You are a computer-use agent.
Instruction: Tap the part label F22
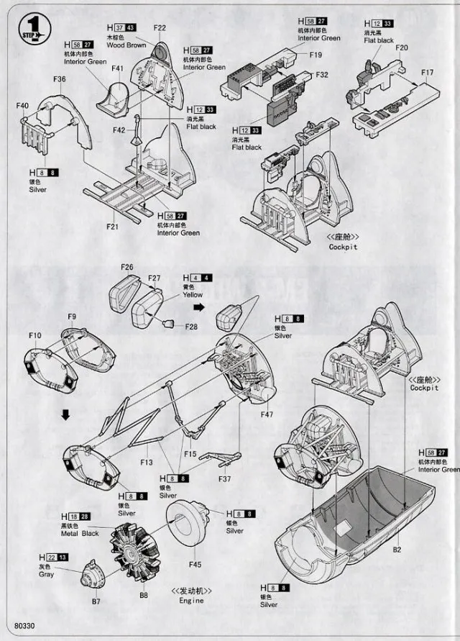point(160,28)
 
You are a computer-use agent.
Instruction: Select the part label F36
point(60,79)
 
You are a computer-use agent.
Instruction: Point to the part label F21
point(113,227)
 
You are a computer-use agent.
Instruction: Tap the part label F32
point(321,74)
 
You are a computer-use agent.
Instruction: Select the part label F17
point(428,73)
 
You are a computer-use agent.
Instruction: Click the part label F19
point(316,55)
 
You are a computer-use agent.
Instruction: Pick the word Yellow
point(193,294)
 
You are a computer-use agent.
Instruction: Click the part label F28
point(190,327)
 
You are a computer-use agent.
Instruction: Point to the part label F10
point(35,335)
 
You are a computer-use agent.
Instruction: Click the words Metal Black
point(80,534)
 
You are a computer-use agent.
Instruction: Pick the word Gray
point(47,575)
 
